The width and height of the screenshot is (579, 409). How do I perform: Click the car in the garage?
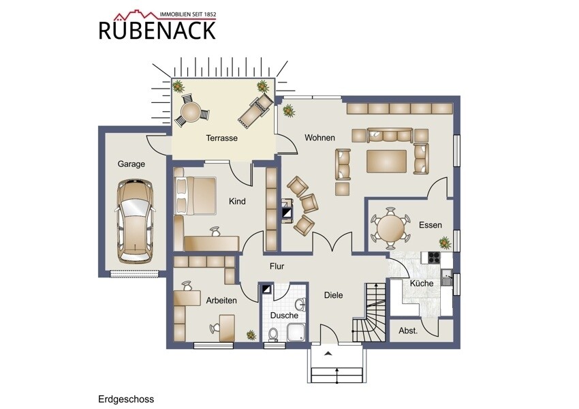pos(134,221)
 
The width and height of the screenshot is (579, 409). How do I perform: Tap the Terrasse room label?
pos(221,138)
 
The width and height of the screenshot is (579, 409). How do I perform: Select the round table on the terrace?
pos(191,112)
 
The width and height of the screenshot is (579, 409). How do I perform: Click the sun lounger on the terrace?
pos(255,110)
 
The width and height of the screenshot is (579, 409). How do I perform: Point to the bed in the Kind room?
pos(195,196)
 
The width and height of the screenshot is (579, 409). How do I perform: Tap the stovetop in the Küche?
pos(434,257)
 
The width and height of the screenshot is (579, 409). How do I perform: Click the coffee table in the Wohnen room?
pos(387,161)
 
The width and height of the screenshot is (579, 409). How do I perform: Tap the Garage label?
pos(131,164)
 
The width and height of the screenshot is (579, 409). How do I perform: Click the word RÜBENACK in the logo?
pos(157,31)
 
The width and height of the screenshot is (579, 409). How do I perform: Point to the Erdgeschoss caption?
pos(126,399)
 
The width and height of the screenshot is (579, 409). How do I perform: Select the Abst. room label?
pos(408,331)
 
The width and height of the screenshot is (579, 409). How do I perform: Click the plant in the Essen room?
pos(445,243)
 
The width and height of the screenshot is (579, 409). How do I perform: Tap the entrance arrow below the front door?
pos(328,354)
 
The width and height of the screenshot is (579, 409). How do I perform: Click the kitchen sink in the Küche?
pos(447,278)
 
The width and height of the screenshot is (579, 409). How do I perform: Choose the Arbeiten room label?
pos(221,301)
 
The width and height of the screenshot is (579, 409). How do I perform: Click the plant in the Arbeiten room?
pos(251,335)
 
